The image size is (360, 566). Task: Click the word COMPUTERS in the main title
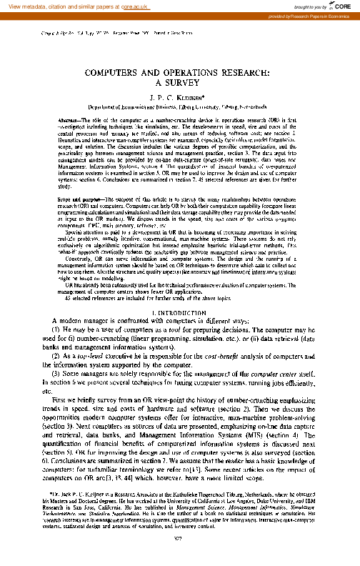pos(118,73)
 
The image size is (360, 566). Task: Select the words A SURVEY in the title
pos(179,83)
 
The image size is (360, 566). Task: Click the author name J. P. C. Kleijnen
pos(179,97)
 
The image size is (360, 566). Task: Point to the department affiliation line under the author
pos(179,106)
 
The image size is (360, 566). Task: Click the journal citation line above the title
pos(107,34)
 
